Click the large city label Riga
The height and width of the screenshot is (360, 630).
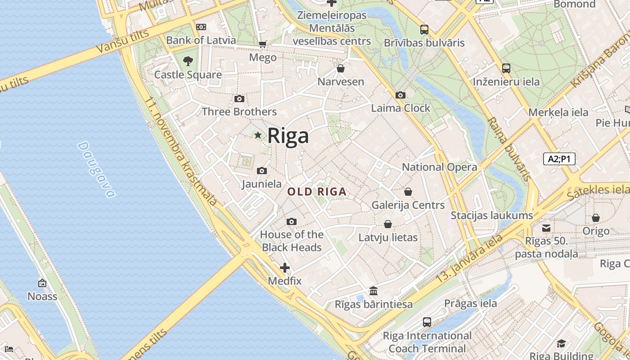tap(288, 136)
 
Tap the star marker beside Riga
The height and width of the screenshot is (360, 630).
tap(258, 135)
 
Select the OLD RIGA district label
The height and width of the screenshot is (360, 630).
tap(317, 192)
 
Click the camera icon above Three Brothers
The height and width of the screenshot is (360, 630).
tap(239, 99)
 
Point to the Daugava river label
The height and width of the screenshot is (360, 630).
tap(96, 170)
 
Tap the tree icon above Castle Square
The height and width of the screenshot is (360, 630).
tap(188, 61)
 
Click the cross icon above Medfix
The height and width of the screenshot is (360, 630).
tap(284, 268)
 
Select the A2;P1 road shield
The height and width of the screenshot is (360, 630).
tap(559, 159)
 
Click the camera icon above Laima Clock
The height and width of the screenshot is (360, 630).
tap(400, 95)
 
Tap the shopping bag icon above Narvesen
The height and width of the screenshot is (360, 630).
tap(341, 69)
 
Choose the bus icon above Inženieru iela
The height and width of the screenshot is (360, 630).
tap(506, 69)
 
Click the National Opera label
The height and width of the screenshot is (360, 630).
tap(439, 167)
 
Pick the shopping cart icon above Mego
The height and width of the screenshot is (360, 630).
tap(263, 44)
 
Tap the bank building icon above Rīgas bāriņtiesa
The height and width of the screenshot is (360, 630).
tap(373, 291)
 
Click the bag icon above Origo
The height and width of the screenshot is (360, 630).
tap(596, 218)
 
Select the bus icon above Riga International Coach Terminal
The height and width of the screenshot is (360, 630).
tap(427, 322)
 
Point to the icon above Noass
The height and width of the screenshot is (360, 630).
tap(42, 283)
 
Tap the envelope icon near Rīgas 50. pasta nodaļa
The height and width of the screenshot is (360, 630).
tap(546, 228)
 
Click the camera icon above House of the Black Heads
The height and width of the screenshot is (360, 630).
tap(292, 222)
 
